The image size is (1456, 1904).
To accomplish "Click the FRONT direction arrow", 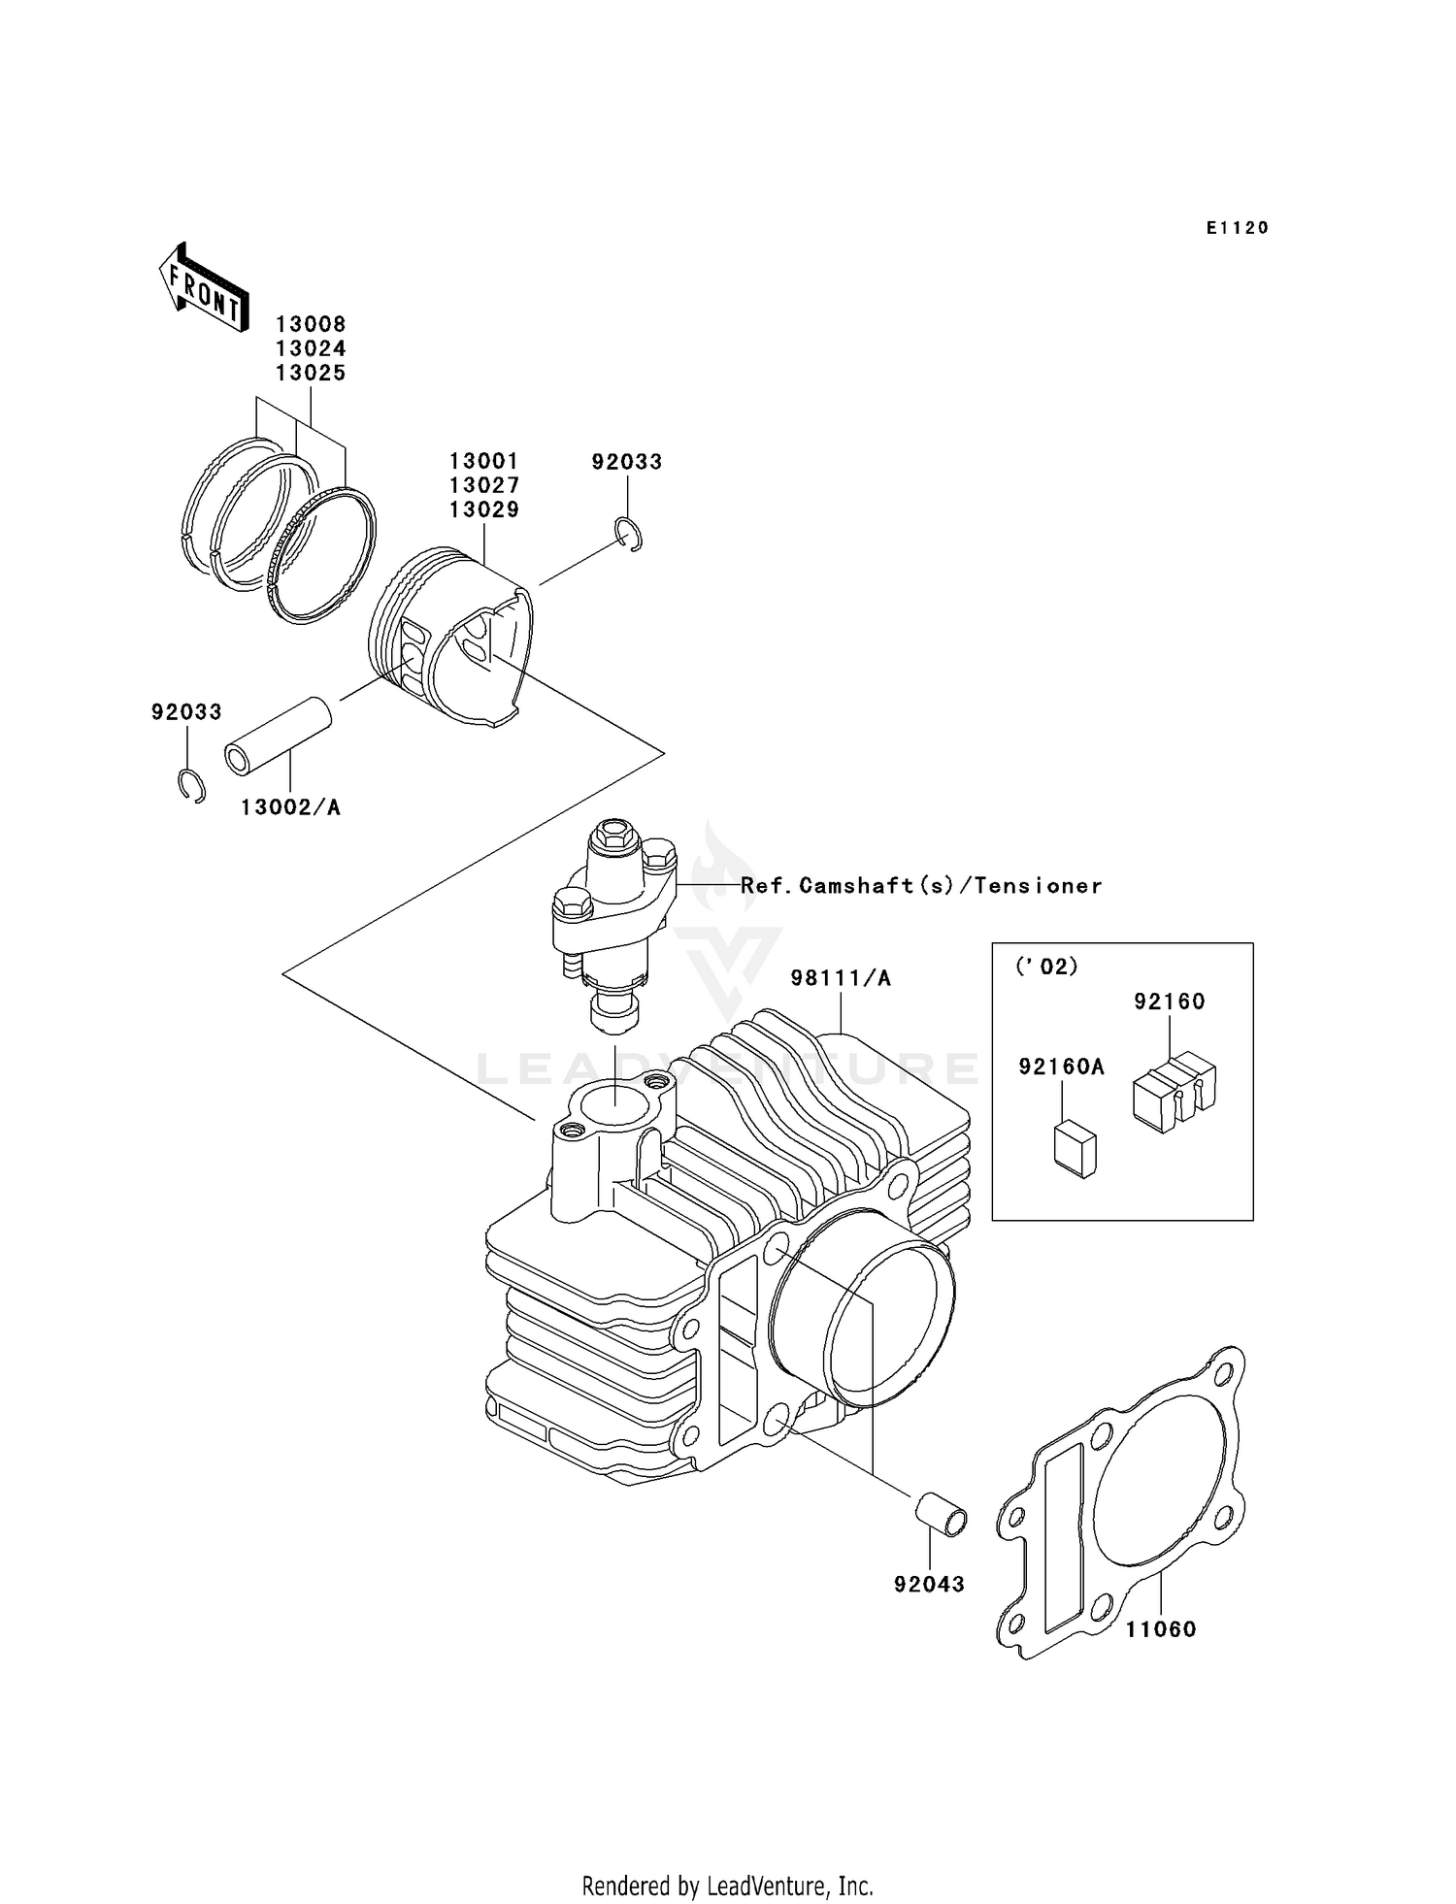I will pyautogui.click(x=203, y=288).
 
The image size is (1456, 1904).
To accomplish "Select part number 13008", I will pyautogui.click(x=311, y=324).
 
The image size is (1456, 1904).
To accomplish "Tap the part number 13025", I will pyautogui.click(x=311, y=374).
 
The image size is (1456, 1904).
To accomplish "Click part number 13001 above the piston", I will pyautogui.click(x=483, y=461).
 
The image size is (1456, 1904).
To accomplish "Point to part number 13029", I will pyautogui.click(x=483, y=509).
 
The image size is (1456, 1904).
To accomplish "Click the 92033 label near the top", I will pyautogui.click(x=627, y=462).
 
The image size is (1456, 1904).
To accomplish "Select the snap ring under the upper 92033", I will pyautogui.click(x=630, y=535).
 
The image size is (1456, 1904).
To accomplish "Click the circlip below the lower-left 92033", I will pyautogui.click(x=191, y=785).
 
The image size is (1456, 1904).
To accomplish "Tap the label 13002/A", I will pyautogui.click(x=290, y=807).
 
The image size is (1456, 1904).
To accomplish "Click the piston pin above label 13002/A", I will pyautogui.click(x=279, y=736).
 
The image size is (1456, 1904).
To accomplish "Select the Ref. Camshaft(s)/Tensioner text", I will pyautogui.click(x=921, y=885).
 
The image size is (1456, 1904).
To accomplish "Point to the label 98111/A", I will pyautogui.click(x=841, y=978).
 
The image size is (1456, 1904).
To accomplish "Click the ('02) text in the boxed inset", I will pyautogui.click(x=1046, y=967).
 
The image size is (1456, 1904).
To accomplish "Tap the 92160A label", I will pyautogui.click(x=1061, y=1067).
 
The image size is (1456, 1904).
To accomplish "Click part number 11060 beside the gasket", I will pyautogui.click(x=1161, y=1630).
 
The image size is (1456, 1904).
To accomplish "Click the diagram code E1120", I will pyautogui.click(x=1238, y=228).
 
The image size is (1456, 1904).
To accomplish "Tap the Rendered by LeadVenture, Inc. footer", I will pyautogui.click(x=727, y=1886).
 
